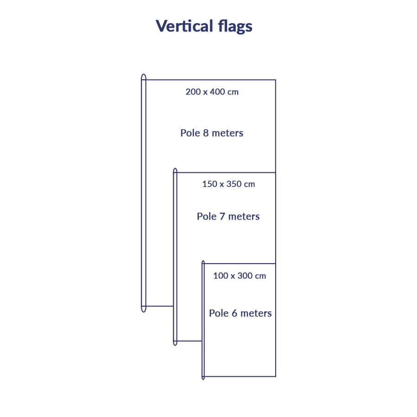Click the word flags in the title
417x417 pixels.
(235, 26)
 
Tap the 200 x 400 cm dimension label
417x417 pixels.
(212, 92)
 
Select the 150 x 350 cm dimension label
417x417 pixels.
(228, 184)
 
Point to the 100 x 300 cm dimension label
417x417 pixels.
(240, 276)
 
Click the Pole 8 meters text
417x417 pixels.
(212, 133)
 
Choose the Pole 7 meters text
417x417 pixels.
(228, 216)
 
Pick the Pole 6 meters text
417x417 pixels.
(240, 313)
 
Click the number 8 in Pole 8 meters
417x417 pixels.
(206, 133)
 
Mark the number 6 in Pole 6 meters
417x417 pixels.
(234, 313)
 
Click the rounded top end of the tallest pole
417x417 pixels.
(144, 76)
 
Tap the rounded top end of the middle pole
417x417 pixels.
(175, 171)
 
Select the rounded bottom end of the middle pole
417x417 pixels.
(175, 343)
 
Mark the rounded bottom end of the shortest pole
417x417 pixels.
(203, 378)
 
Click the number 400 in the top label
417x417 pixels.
(218, 92)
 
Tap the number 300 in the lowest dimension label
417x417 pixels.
(246, 276)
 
